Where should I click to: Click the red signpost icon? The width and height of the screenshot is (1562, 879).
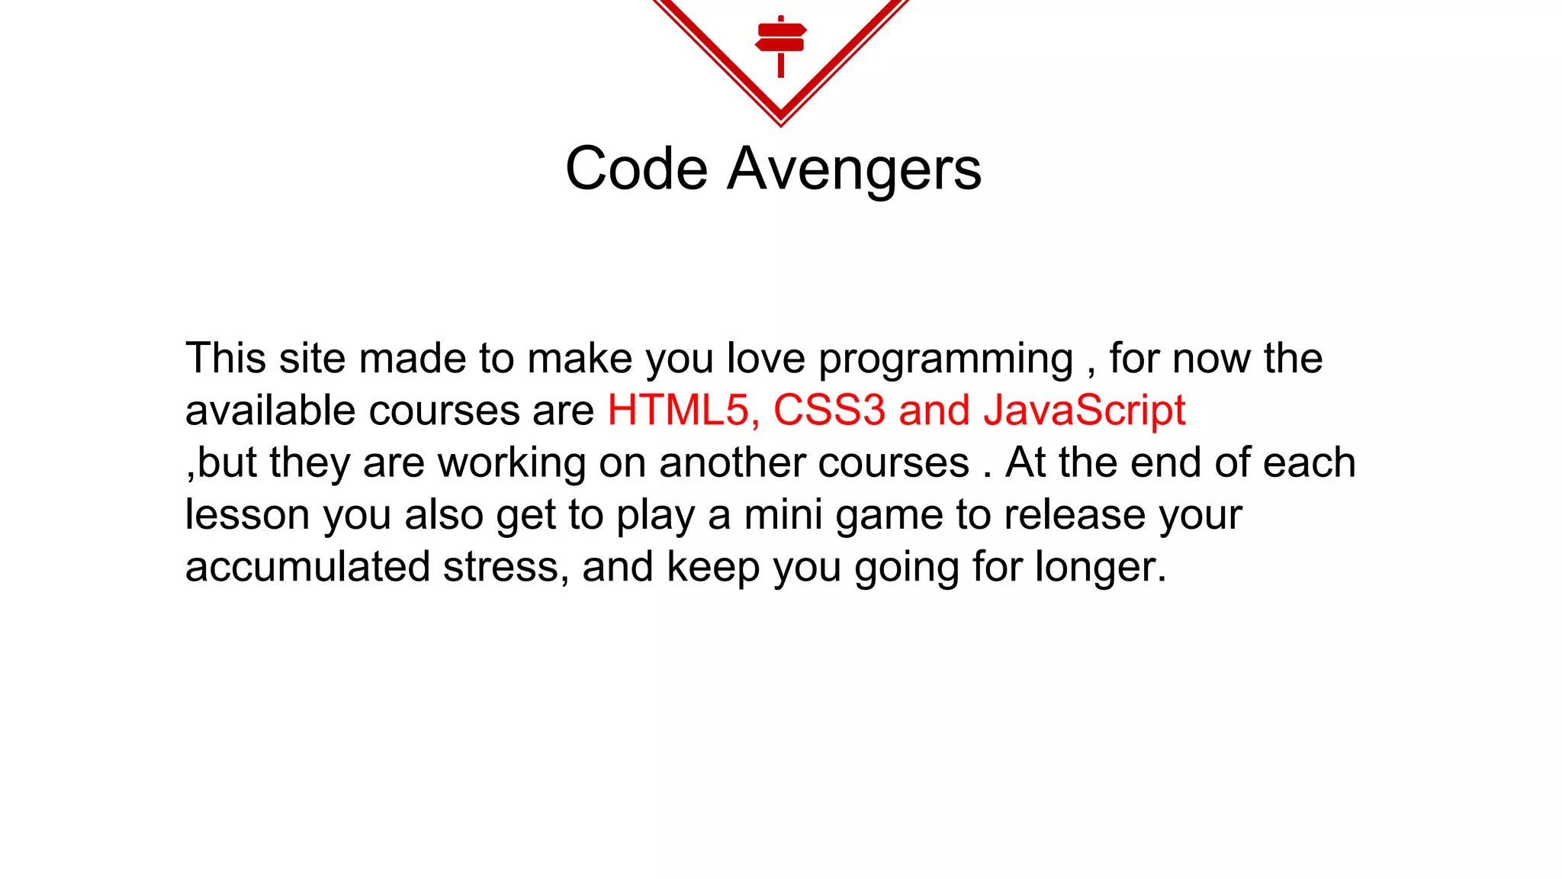click(x=781, y=44)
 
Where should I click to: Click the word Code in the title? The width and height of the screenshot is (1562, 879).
click(x=637, y=169)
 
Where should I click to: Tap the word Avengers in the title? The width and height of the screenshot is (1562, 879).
click(x=854, y=169)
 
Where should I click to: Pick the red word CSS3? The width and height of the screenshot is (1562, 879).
click(x=829, y=411)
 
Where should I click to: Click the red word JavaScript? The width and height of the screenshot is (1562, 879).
click(x=1084, y=411)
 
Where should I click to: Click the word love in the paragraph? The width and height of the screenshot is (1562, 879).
click(x=766, y=359)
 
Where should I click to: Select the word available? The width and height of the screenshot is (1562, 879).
click(x=270, y=411)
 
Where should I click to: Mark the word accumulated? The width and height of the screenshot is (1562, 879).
click(x=307, y=567)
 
